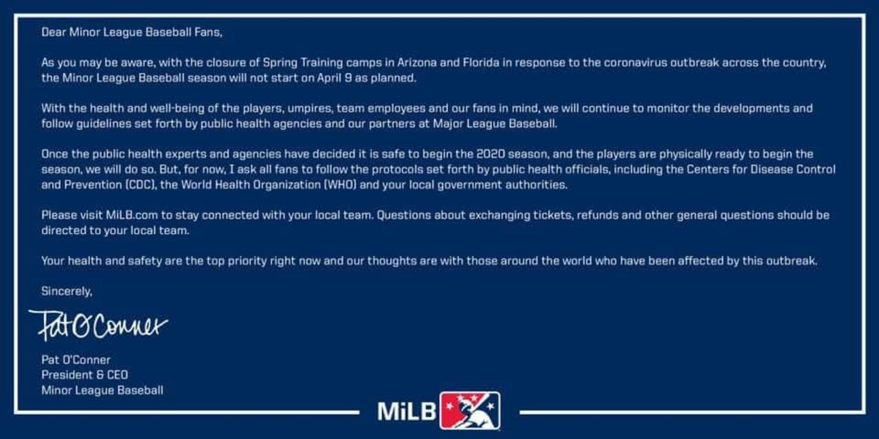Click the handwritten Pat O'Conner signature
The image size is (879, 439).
[x=98, y=325]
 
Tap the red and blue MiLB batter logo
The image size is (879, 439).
[x=470, y=411]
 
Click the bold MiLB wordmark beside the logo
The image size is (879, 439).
[x=406, y=411]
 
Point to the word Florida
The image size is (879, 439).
[x=481, y=62]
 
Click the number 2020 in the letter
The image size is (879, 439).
[x=490, y=154]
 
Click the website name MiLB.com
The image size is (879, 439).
[x=132, y=215]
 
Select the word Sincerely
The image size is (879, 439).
[x=66, y=291]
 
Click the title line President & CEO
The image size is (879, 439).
[x=85, y=375]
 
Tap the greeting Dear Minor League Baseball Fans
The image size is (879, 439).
[x=132, y=32]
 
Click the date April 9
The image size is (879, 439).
[x=334, y=78]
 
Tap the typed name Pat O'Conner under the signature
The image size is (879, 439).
[x=76, y=360]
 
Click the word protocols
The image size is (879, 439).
[x=397, y=170]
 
